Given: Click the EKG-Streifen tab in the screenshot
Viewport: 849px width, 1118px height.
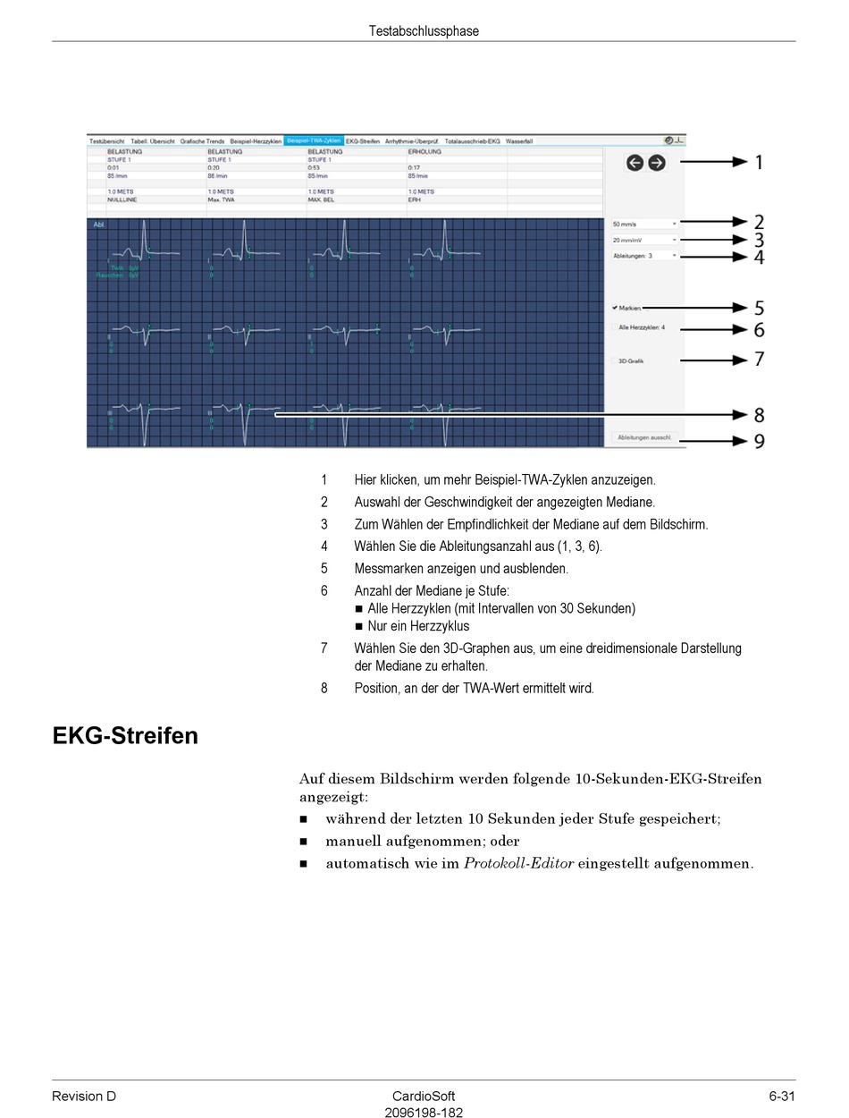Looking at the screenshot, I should pos(363,141).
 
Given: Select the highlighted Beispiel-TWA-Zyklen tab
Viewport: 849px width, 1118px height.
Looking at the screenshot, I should pos(314,141).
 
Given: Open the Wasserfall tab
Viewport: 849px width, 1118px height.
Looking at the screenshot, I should pos(519,141).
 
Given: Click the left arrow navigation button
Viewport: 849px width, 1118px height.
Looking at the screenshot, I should pos(635,163).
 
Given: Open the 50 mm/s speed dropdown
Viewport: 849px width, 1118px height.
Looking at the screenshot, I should pos(644,223).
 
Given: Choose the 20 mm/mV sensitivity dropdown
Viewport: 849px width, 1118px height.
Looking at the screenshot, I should pos(644,240).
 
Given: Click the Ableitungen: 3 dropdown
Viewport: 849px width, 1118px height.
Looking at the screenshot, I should pos(644,256).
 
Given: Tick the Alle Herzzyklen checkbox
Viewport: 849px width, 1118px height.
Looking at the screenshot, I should pos(615,327).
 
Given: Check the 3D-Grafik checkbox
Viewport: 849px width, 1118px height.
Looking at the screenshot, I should pos(615,360).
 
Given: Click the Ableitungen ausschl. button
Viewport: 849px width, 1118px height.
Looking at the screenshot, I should pos(645,438).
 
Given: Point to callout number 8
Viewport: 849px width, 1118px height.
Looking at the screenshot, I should pos(759,415).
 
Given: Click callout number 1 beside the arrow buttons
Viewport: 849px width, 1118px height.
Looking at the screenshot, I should pos(759,163).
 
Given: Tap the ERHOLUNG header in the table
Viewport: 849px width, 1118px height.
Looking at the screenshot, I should pos(424,152).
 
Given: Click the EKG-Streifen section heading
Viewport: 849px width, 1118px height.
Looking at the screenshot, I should pos(125,736).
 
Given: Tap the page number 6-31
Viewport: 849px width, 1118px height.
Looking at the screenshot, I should pos(781,1097).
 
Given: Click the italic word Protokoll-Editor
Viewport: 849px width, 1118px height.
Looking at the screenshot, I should pos(518,864).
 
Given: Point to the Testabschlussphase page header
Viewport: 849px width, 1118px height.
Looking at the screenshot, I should pos(424,31).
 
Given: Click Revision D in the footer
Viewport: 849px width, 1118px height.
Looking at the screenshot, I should pos(84,1097).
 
